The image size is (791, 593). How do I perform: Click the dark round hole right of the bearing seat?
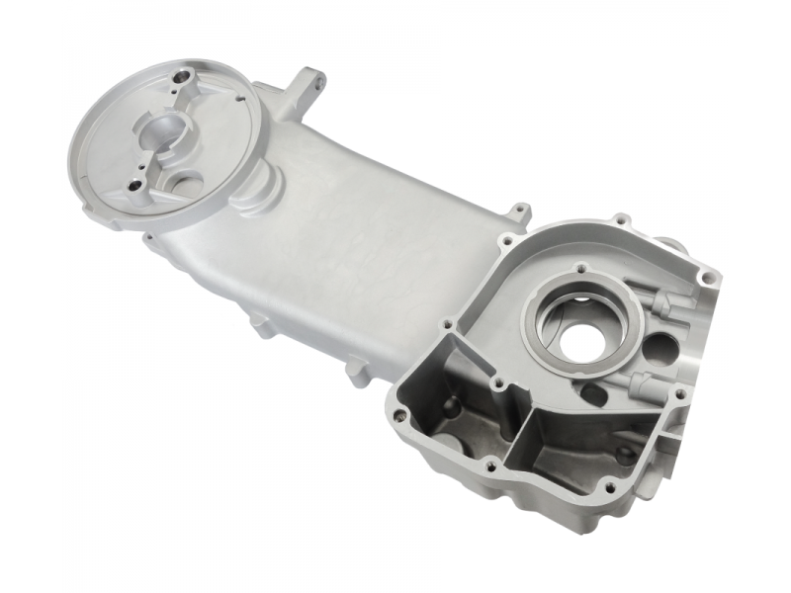tap(659, 349)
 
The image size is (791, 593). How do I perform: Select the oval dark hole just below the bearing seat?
tap(593, 393)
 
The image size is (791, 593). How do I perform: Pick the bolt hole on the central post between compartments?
tap(497, 383)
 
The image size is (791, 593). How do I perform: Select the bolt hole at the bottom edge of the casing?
tap(610, 487)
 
